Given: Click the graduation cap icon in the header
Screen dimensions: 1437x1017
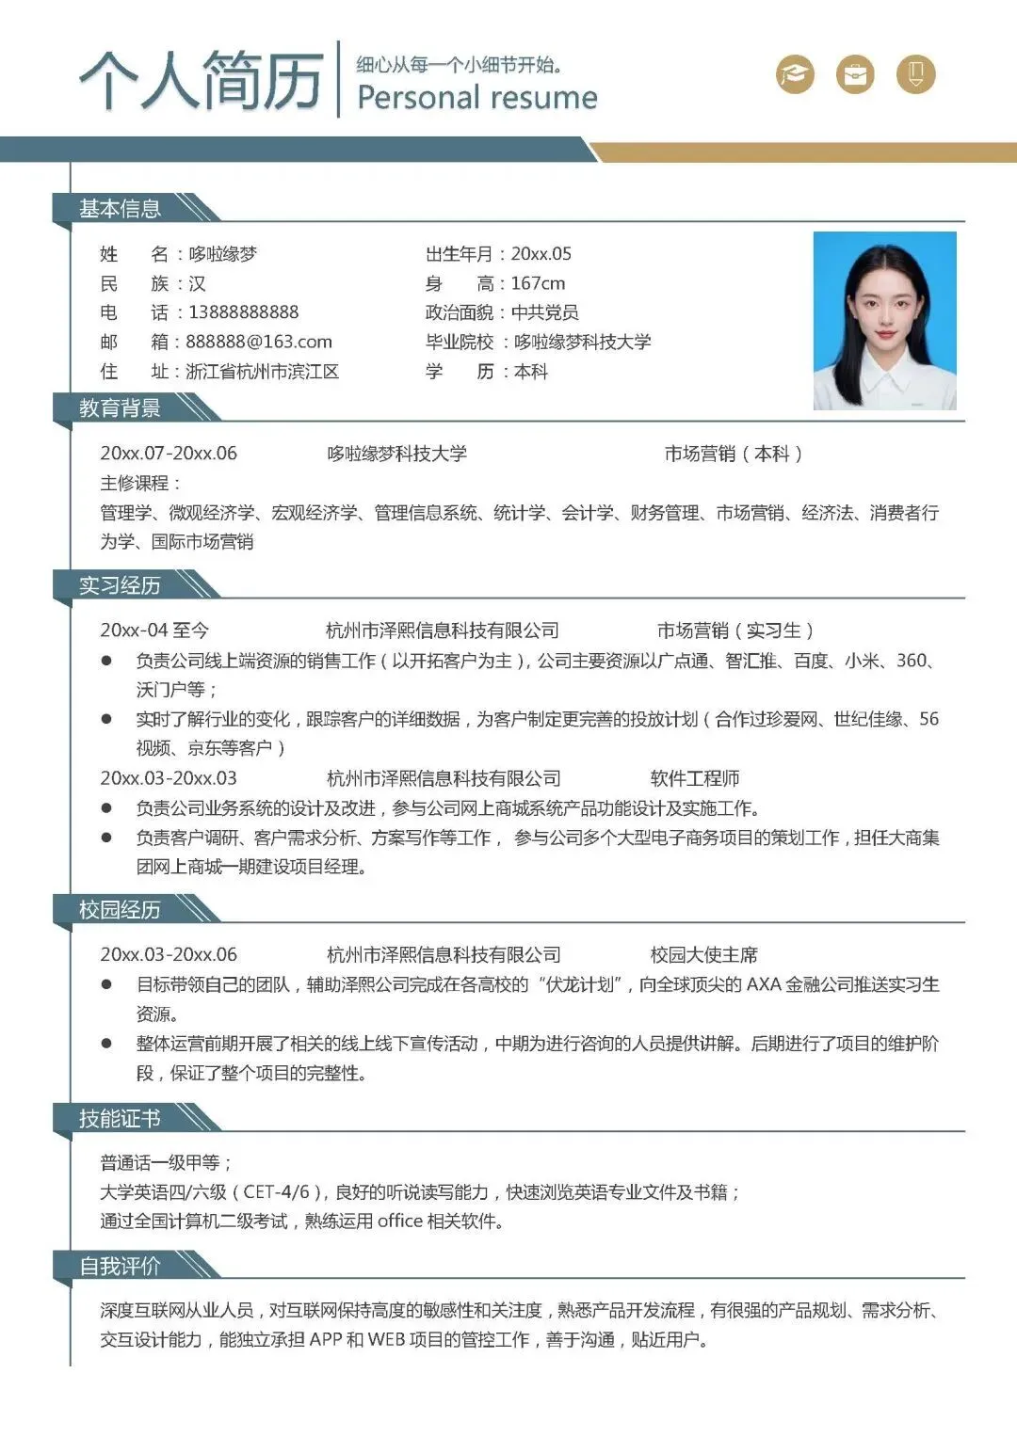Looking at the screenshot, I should [x=795, y=74].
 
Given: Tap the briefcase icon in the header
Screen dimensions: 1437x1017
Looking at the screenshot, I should [x=855, y=74].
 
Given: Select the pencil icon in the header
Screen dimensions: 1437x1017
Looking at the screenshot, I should [x=915, y=74].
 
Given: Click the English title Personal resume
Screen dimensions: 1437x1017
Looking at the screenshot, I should [x=477, y=98].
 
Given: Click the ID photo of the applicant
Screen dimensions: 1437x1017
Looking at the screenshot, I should [x=884, y=320].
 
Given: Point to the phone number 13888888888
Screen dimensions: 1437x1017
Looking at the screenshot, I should [x=244, y=312].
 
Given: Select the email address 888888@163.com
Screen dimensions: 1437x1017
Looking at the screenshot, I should [x=259, y=342].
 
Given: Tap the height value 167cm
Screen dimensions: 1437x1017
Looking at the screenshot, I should [x=539, y=283].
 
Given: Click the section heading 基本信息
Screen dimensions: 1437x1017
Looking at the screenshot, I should [x=120, y=209].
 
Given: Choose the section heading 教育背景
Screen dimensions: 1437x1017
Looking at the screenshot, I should [x=120, y=408].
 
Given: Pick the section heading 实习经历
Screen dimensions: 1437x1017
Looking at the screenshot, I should [x=120, y=586].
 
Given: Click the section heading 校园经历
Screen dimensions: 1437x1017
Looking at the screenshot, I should [x=120, y=910].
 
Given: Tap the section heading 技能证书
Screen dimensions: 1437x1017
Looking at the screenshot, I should [x=120, y=1119].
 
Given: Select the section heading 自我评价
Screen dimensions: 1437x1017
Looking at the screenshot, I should [x=120, y=1267].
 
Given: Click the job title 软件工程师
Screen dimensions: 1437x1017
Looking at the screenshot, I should [x=695, y=779].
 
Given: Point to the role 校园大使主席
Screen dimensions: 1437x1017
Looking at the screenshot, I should [x=704, y=955].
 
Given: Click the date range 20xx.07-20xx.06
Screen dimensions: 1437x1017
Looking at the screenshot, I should [x=169, y=454].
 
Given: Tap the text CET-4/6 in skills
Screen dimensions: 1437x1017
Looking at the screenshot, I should [x=276, y=1192].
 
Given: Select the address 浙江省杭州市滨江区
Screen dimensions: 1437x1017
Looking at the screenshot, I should [x=263, y=372].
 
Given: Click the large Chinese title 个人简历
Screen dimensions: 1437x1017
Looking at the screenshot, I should [x=202, y=80].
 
